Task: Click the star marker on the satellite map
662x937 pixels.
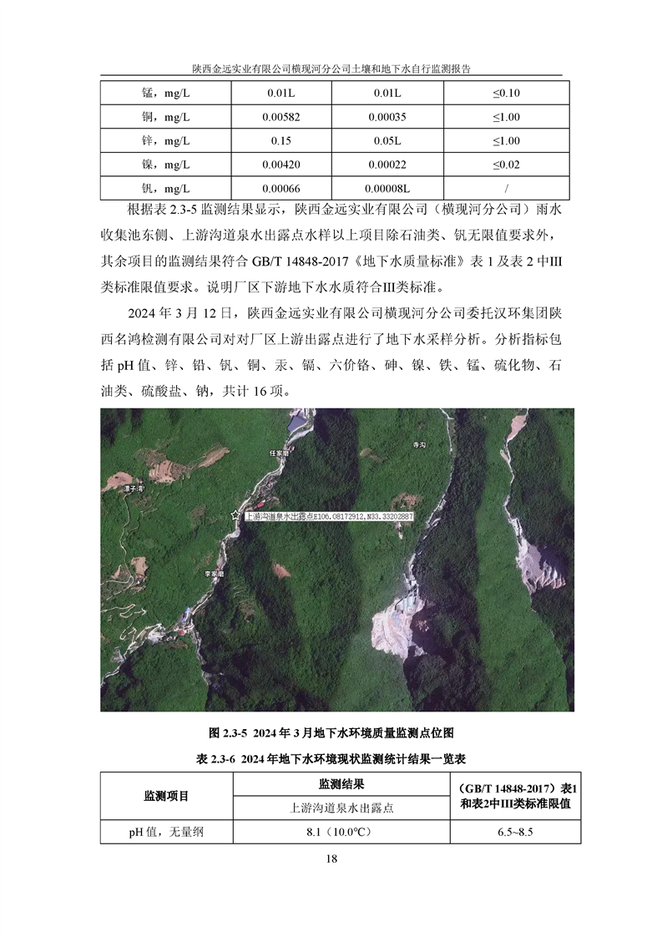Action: (235, 516)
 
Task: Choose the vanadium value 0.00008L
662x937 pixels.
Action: (394, 188)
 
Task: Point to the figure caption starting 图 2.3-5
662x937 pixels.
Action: (331, 732)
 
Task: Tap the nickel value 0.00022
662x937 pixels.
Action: (394, 164)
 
